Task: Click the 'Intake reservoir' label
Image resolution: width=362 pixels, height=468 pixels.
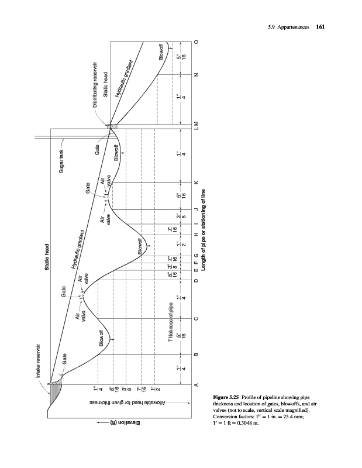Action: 40,361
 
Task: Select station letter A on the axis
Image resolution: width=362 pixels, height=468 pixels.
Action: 196,384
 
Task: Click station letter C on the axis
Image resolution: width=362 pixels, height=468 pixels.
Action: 196,318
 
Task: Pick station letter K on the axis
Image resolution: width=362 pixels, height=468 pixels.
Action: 196,183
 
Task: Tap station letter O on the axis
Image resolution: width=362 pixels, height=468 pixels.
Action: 196,42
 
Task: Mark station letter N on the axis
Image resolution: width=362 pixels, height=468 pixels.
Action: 196,75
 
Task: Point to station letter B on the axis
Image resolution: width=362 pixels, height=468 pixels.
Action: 196,355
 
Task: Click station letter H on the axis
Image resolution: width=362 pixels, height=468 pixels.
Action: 196,236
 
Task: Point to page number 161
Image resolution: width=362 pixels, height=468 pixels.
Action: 320,26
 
